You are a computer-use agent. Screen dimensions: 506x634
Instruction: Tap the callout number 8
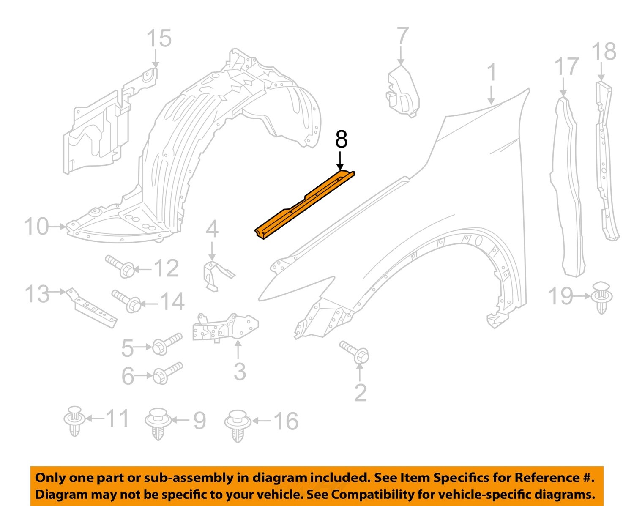341,139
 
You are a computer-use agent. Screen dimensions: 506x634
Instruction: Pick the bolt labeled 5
167,343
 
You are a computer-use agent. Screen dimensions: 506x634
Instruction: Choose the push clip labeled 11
74,421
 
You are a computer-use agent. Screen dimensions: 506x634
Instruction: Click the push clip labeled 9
158,423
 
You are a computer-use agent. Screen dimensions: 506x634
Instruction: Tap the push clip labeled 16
238,424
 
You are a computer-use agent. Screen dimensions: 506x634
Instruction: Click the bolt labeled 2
355,352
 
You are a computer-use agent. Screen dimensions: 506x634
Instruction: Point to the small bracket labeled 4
216,275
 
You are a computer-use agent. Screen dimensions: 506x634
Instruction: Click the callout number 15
159,38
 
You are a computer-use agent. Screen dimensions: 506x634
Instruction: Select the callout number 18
604,52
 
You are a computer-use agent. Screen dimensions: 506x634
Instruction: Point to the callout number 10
36,227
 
